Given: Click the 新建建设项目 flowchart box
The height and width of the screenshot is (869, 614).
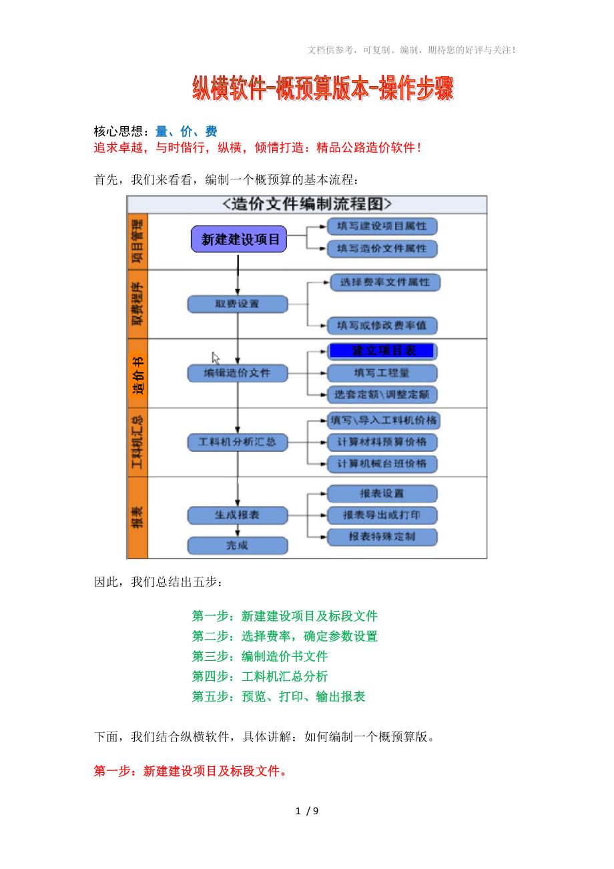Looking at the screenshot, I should point(239,239).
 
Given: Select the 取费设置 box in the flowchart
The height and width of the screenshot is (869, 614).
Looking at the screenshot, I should point(237,304).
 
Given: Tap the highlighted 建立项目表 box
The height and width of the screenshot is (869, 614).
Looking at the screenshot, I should point(382,351).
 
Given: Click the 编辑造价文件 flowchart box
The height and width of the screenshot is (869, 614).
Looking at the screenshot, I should point(237,373).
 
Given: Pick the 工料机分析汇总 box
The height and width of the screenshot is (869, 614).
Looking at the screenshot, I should point(237,442).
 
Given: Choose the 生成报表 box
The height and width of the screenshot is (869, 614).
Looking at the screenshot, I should point(237,515).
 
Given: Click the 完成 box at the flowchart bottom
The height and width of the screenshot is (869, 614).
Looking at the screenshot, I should point(237,545).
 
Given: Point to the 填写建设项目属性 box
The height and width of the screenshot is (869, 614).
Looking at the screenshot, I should point(382,226).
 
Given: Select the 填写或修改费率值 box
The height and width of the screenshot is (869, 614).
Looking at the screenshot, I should point(382,326).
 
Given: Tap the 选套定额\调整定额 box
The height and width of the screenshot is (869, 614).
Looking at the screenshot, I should point(382,394).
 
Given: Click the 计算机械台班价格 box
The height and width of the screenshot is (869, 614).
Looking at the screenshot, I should point(382,463).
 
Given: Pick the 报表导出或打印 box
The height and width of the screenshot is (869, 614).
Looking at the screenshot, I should point(382,515).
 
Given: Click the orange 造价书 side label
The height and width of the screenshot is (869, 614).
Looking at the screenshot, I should point(137,374).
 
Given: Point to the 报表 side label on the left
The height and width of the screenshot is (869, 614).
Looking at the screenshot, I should point(137,517).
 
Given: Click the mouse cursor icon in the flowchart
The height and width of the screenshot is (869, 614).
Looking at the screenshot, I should point(216,358).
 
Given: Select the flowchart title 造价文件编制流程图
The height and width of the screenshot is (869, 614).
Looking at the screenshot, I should point(307,204).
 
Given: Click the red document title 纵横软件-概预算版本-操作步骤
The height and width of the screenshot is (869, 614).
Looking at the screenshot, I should point(322,89).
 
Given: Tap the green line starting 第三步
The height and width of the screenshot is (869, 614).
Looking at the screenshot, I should point(260,657).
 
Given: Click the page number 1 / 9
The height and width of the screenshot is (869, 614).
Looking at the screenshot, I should point(307,812).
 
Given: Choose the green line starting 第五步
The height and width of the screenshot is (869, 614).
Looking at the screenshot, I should point(278,697).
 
